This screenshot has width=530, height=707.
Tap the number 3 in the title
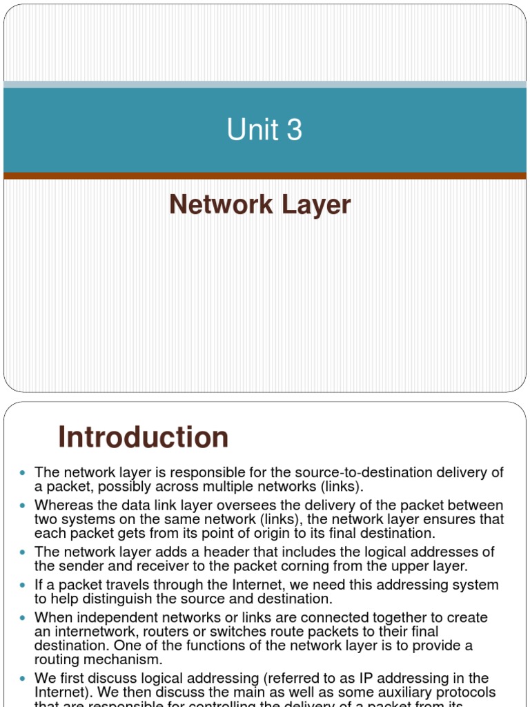click(294, 130)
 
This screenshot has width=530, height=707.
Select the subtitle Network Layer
click(260, 205)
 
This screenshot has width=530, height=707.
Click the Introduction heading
click(144, 437)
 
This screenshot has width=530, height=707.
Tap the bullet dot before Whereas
click(21, 506)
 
